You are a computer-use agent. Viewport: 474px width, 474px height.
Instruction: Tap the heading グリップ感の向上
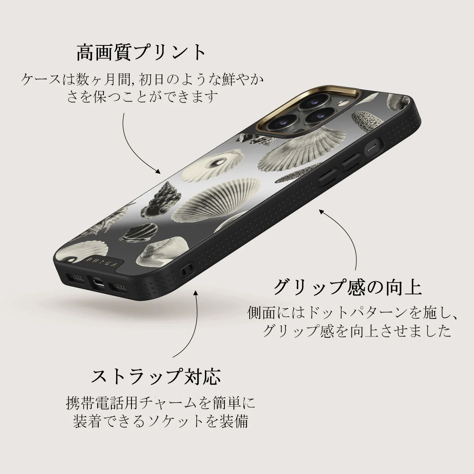coord(348,287)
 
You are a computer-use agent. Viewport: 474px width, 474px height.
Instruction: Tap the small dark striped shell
coord(139,232)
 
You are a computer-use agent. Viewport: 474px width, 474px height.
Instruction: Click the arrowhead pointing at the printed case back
coord(158,171)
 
